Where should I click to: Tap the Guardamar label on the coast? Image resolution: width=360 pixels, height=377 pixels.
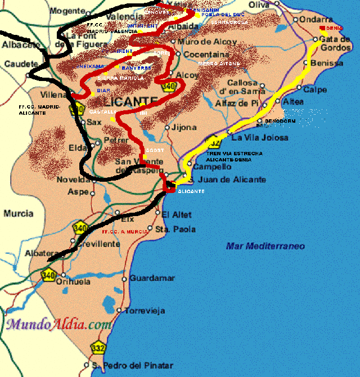(148, 278)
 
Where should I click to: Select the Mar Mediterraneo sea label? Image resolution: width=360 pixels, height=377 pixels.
(265, 246)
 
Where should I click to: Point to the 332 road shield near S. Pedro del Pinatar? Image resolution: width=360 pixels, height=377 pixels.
(100, 348)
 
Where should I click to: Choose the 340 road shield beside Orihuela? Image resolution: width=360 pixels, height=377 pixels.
(49, 275)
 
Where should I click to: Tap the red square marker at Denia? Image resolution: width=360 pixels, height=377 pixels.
(322, 28)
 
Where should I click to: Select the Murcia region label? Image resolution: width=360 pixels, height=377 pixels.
(19, 213)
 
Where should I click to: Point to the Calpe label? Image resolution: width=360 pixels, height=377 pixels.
(315, 89)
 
